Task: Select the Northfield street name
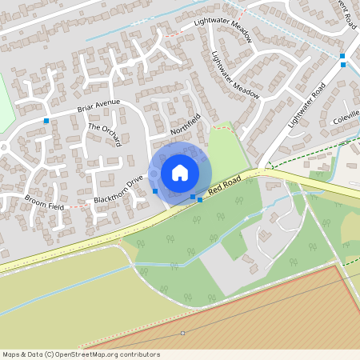pos(184,123)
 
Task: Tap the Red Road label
pos(224,189)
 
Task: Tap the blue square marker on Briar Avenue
pos(46,121)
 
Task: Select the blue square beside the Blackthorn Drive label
pos(155,191)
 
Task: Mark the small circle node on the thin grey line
pos(183,333)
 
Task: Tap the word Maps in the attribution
pos(12,354)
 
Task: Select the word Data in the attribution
pos(36,354)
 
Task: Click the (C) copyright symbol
pos(50,354)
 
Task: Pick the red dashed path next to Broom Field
pos(78,206)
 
